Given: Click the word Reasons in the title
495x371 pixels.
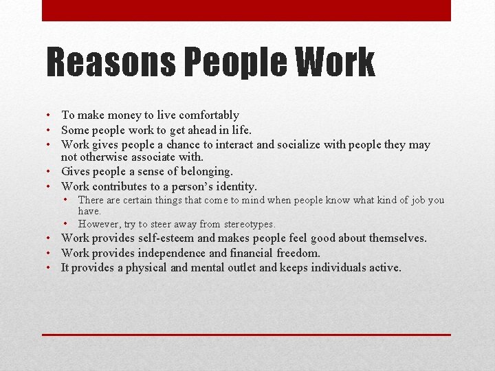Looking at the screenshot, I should (109, 63).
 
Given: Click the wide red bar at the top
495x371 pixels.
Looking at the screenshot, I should (246, 10).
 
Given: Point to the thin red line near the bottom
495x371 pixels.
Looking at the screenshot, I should (246, 335).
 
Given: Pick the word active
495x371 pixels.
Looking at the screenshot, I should (384, 267).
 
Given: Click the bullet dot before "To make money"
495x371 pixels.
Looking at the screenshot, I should (51, 115).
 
